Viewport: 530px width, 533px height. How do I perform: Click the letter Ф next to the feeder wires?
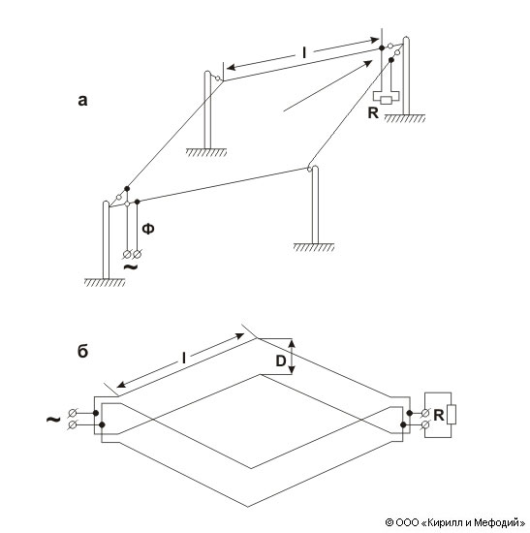[x=148, y=229]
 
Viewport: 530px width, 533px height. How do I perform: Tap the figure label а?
[x=82, y=101]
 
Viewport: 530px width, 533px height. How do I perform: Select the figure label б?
[x=83, y=351]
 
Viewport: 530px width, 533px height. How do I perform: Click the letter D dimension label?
[x=281, y=361]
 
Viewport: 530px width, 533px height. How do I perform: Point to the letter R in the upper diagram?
[x=373, y=112]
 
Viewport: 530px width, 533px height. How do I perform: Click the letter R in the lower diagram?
[x=439, y=415]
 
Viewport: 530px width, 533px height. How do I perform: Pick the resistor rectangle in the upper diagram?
[x=386, y=100]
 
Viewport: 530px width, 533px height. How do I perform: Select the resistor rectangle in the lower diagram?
[x=452, y=414]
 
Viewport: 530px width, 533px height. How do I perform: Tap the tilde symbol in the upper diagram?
[x=131, y=267]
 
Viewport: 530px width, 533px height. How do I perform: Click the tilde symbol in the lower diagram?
[x=53, y=419]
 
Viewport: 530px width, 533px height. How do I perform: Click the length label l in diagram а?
[x=304, y=52]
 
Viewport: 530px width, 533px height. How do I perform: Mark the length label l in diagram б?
[x=184, y=358]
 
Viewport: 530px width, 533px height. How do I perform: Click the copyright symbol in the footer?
[x=390, y=521]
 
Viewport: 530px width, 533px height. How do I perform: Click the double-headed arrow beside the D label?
[x=292, y=358]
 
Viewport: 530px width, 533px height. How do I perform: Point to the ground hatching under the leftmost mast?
[x=105, y=282]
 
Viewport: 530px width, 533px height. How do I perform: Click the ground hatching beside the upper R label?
[x=405, y=118]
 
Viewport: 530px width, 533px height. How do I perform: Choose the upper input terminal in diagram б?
[x=72, y=413]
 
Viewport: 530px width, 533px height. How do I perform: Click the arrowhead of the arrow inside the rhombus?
[x=368, y=64]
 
